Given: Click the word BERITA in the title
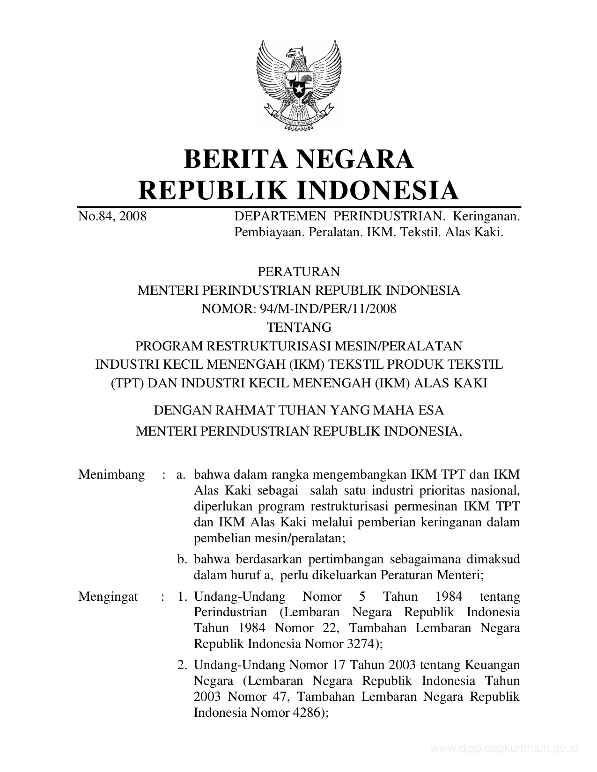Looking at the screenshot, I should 235,159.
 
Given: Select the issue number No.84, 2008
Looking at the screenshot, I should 112,216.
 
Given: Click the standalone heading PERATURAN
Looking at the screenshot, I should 299,271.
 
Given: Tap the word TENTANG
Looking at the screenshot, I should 299,327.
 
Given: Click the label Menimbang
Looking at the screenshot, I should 111,474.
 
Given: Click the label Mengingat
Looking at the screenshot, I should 108,597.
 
